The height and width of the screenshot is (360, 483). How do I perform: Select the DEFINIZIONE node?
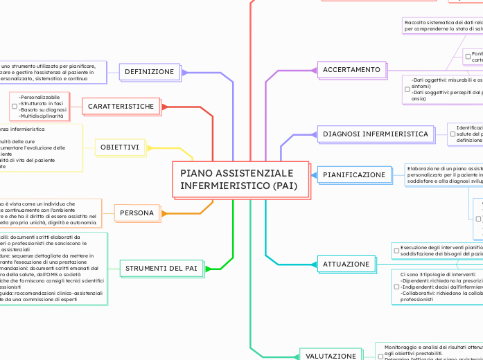click(150, 72)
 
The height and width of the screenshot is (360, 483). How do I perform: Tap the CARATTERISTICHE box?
click(121, 107)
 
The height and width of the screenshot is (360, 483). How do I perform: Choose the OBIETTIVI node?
click(120, 148)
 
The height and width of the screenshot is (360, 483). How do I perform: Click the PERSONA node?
click(137, 213)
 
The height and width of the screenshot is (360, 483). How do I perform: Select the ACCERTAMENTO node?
click(351, 70)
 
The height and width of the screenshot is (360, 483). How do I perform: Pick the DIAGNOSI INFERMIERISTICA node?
click(376, 134)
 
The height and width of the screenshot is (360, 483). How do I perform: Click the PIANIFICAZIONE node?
click(354, 175)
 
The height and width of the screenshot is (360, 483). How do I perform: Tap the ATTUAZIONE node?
click(346, 264)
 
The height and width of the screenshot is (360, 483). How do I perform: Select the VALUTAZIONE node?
click(331, 356)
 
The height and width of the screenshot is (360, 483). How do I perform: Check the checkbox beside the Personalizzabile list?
click(14, 107)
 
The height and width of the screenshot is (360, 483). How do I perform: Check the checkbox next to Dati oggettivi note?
click(407, 89)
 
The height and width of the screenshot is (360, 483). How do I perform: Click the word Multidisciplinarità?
click(41, 116)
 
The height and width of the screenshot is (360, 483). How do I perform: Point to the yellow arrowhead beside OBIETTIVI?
click(148, 148)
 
